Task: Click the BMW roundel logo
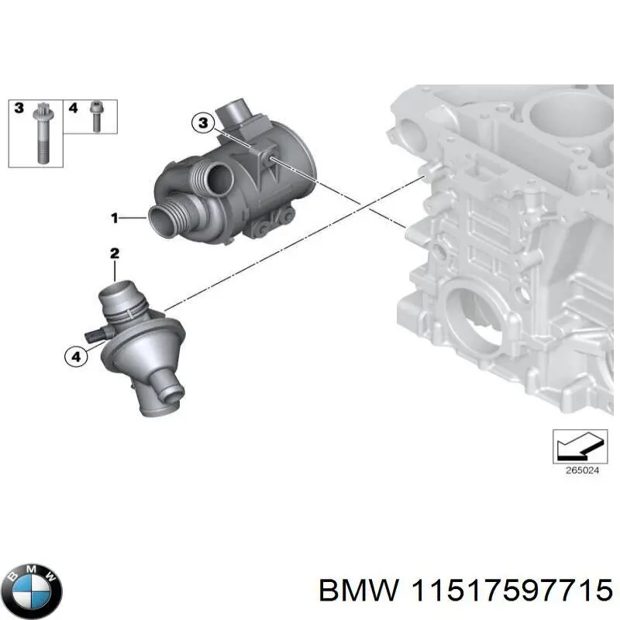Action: click(x=32, y=587)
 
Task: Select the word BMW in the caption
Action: click(x=358, y=591)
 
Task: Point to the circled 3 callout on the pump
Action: click(x=202, y=122)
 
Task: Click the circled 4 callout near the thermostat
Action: click(x=75, y=356)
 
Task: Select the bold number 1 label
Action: click(x=114, y=219)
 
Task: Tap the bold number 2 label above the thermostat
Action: click(x=114, y=253)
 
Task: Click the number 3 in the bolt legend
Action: click(x=19, y=108)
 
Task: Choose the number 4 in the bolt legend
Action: click(x=74, y=108)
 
